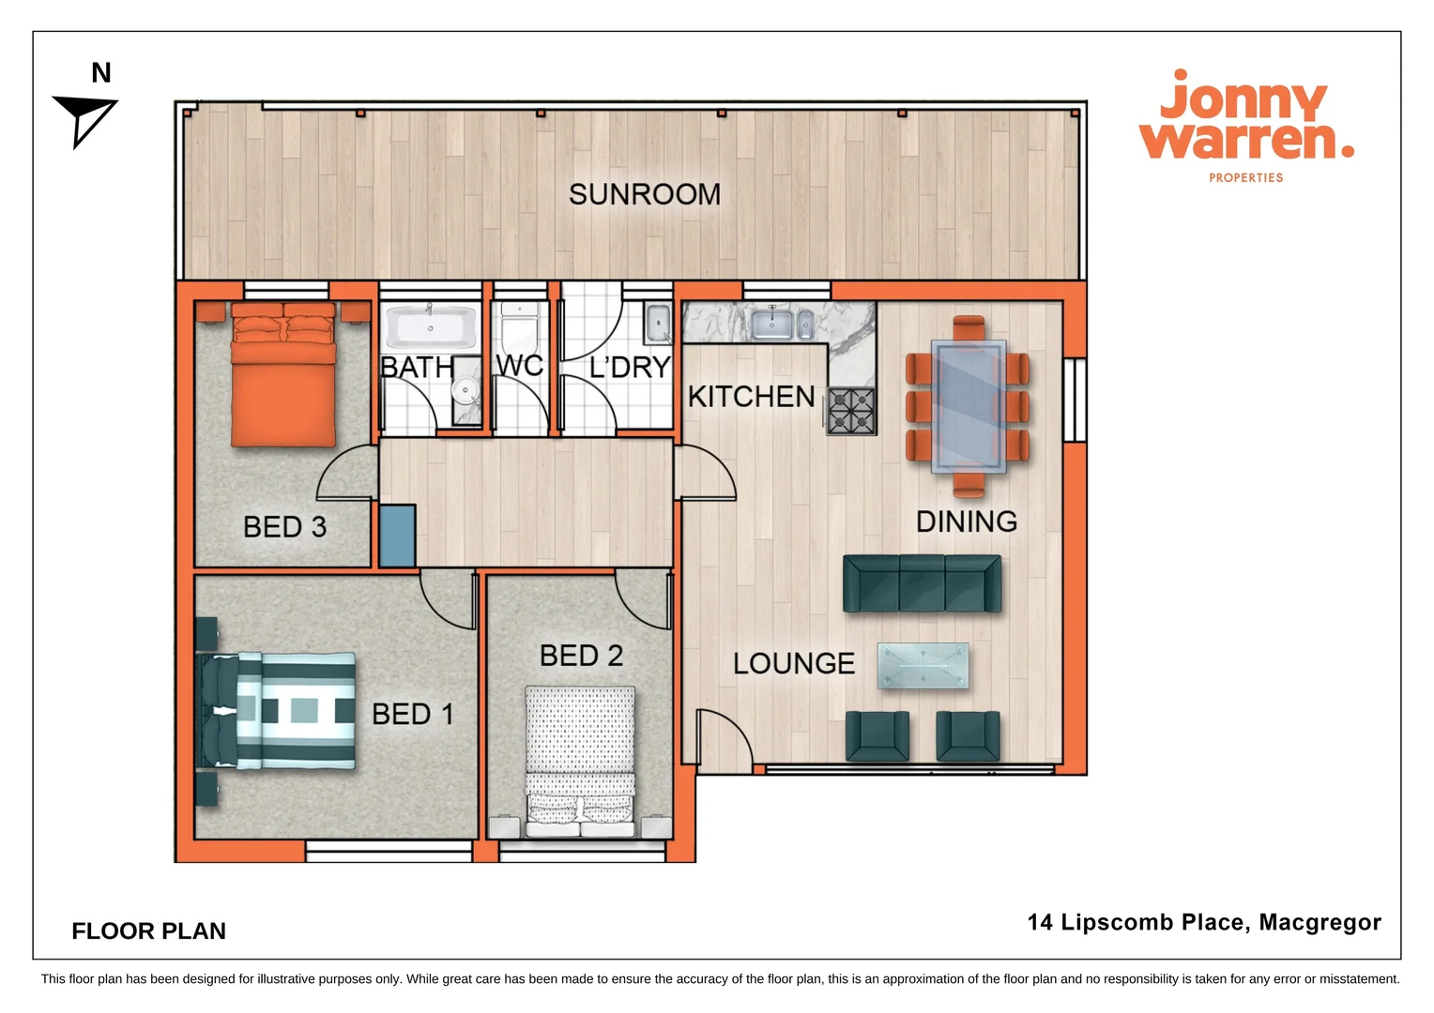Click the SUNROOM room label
coord(644,194)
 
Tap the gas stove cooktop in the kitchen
coord(851,411)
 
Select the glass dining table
coord(969,405)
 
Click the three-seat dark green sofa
coord(922,583)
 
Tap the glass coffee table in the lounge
coord(923,666)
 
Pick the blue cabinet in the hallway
coord(397,536)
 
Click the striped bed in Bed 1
coord(282,711)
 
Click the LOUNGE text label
coord(794,663)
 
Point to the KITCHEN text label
coord(751,397)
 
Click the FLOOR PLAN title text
coord(148,930)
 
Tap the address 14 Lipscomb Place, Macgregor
coord(1204,922)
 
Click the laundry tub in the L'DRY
coord(658,324)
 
